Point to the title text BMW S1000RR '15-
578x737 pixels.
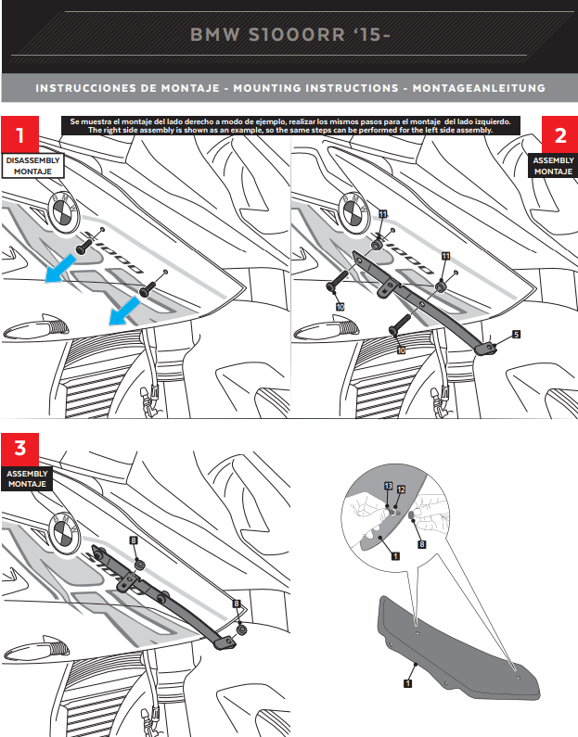(x=289, y=35)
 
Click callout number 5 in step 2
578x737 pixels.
(x=516, y=334)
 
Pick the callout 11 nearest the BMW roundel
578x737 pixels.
(x=382, y=214)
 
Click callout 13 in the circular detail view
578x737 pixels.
(x=388, y=487)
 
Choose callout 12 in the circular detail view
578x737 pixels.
(x=401, y=489)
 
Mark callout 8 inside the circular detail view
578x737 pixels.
(x=422, y=546)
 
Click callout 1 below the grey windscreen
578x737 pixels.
(x=407, y=682)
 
